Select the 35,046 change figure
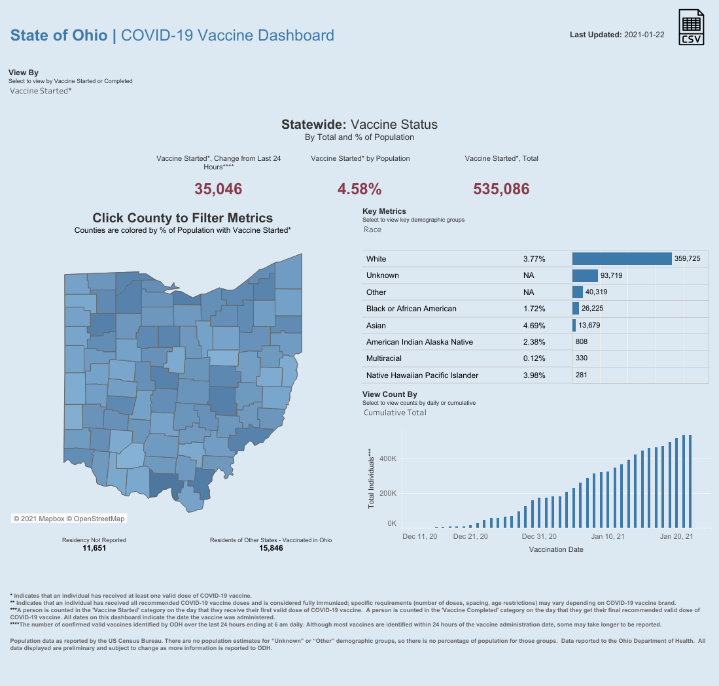(x=219, y=190)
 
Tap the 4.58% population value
(x=359, y=190)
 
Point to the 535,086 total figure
(x=501, y=190)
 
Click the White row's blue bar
(x=622, y=259)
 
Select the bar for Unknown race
(x=585, y=275)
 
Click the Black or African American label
(x=412, y=309)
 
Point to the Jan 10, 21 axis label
(x=608, y=536)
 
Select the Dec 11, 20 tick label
(x=419, y=536)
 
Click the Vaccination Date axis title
(x=556, y=549)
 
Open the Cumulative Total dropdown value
(x=395, y=413)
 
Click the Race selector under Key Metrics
(x=372, y=230)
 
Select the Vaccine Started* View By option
(x=41, y=91)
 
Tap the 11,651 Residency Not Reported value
(x=94, y=548)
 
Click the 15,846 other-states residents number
(x=271, y=548)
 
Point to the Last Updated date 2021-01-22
(x=644, y=35)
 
